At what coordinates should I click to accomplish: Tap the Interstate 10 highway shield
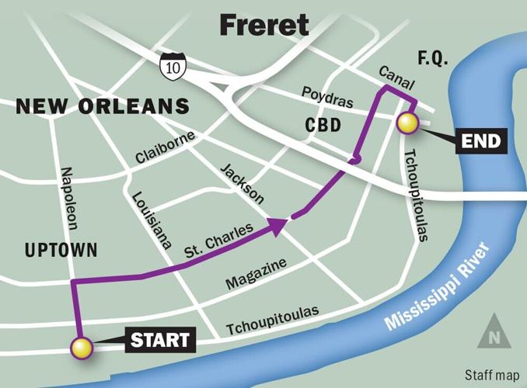(171, 68)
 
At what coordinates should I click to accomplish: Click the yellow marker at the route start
(81, 348)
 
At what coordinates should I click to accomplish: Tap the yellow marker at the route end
(407, 123)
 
